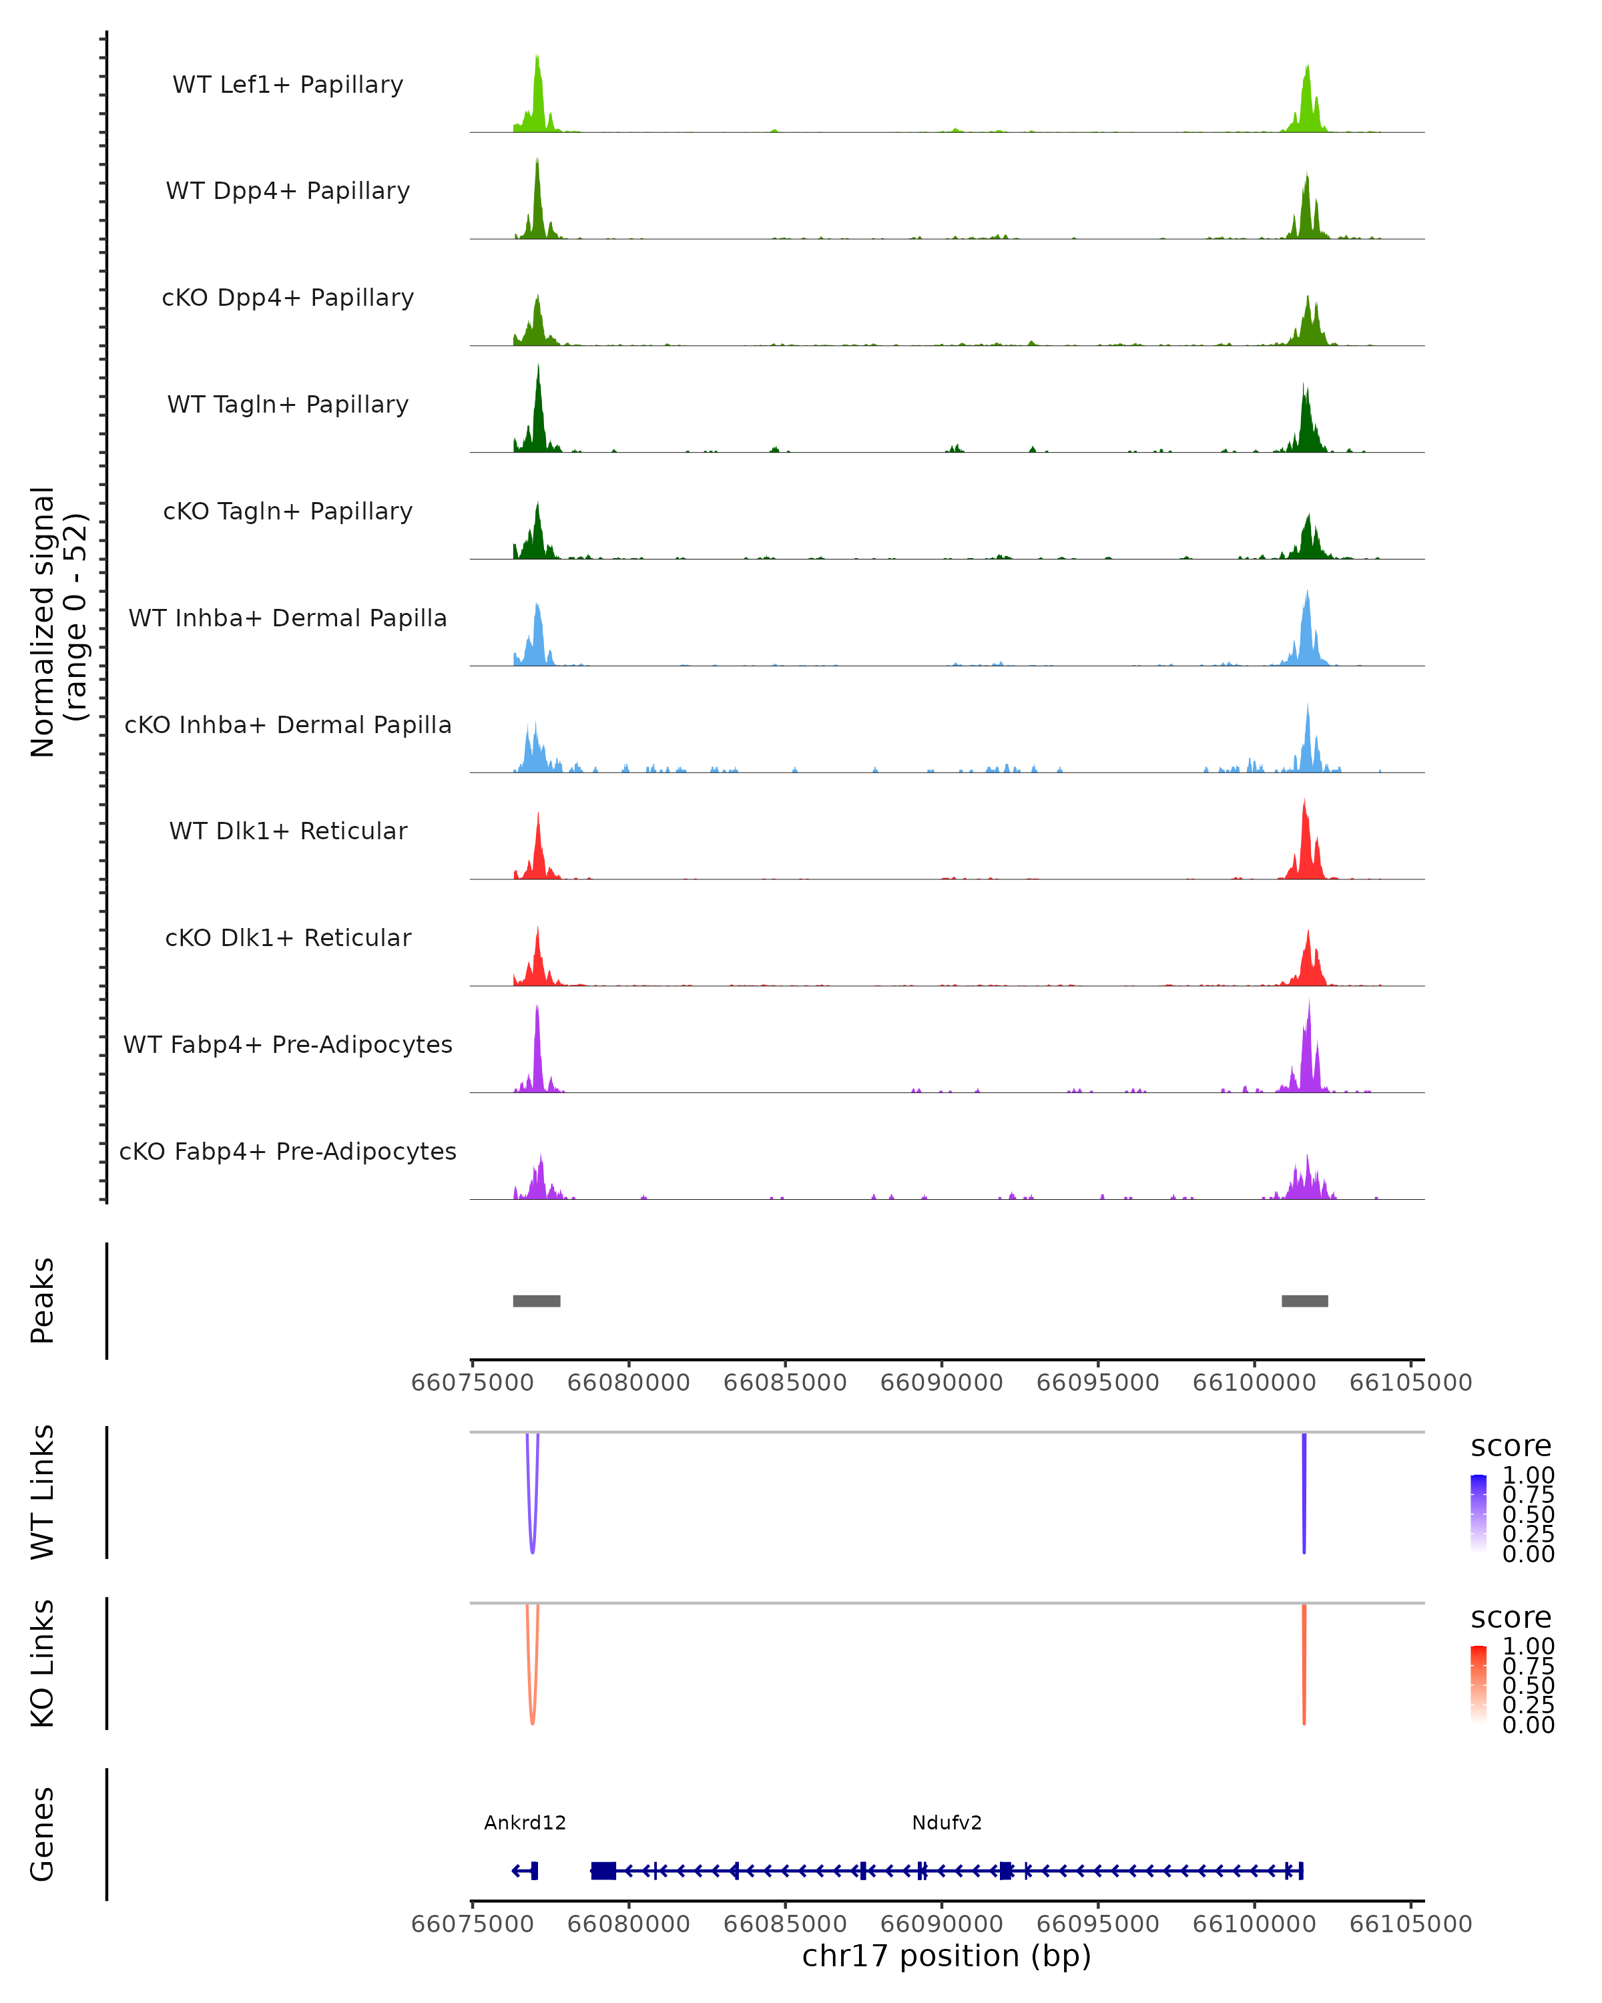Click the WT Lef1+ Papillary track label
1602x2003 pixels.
pyautogui.click(x=288, y=85)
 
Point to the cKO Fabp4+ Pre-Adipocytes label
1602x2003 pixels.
pyautogui.click(x=288, y=1151)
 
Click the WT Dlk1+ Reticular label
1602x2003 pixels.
pyautogui.click(x=288, y=831)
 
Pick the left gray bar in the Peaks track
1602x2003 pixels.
pyautogui.click(x=536, y=1301)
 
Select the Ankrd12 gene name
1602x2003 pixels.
pyautogui.click(x=525, y=1823)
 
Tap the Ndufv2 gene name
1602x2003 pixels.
pyautogui.click(x=947, y=1823)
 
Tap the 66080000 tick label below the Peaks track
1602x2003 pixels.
pyautogui.click(x=628, y=1383)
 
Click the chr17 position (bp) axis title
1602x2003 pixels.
pyautogui.click(x=947, y=1956)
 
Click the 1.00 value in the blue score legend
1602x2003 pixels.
pyautogui.click(x=1528, y=1476)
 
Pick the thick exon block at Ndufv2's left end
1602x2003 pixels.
pyautogui.click(x=603, y=1871)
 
